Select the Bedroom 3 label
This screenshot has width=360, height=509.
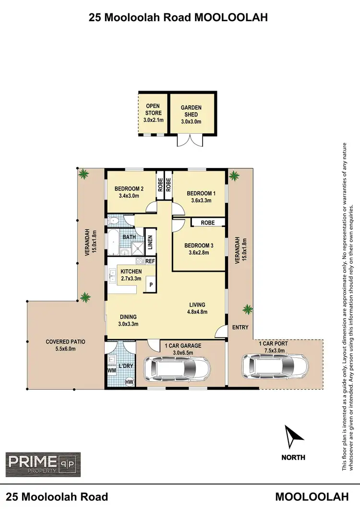(x=198, y=246)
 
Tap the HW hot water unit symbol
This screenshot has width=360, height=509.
(x=129, y=382)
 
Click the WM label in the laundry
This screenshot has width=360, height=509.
(x=111, y=370)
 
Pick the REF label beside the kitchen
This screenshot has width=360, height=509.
(x=150, y=261)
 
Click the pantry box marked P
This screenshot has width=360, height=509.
(x=150, y=284)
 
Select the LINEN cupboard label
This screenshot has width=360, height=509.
(x=150, y=242)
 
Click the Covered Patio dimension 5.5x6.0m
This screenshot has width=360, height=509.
(x=65, y=349)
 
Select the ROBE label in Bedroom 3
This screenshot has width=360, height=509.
(x=207, y=223)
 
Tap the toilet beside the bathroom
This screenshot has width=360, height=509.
(x=115, y=221)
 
